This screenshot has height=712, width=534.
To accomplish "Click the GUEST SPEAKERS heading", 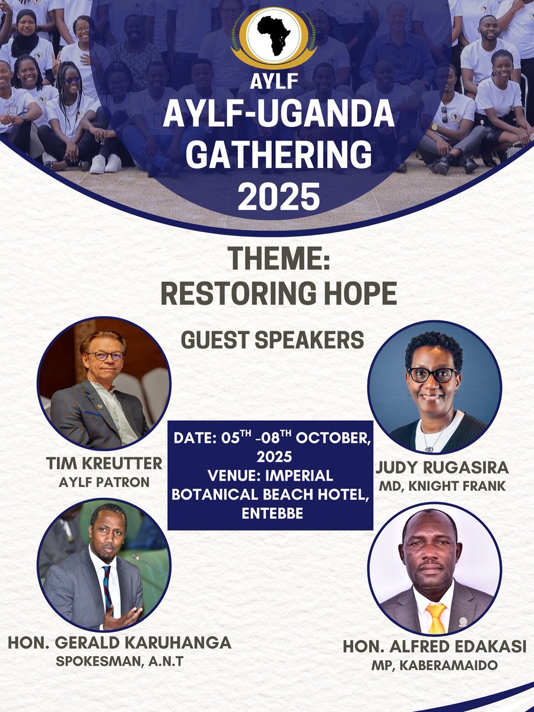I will pos(272,340).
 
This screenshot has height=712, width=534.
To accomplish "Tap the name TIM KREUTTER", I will pos(104,463).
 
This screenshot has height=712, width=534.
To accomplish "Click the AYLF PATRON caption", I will pos(104,482).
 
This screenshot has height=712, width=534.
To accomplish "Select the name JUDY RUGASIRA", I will pos(442,467).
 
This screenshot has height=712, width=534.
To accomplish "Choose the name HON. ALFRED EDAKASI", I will pos(435,647).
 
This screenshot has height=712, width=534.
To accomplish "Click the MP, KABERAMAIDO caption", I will pos(435,666).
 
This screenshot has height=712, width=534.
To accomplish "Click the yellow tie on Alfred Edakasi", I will pos(436,618).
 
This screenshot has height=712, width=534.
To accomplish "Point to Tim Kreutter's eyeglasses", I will pos(106,356).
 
